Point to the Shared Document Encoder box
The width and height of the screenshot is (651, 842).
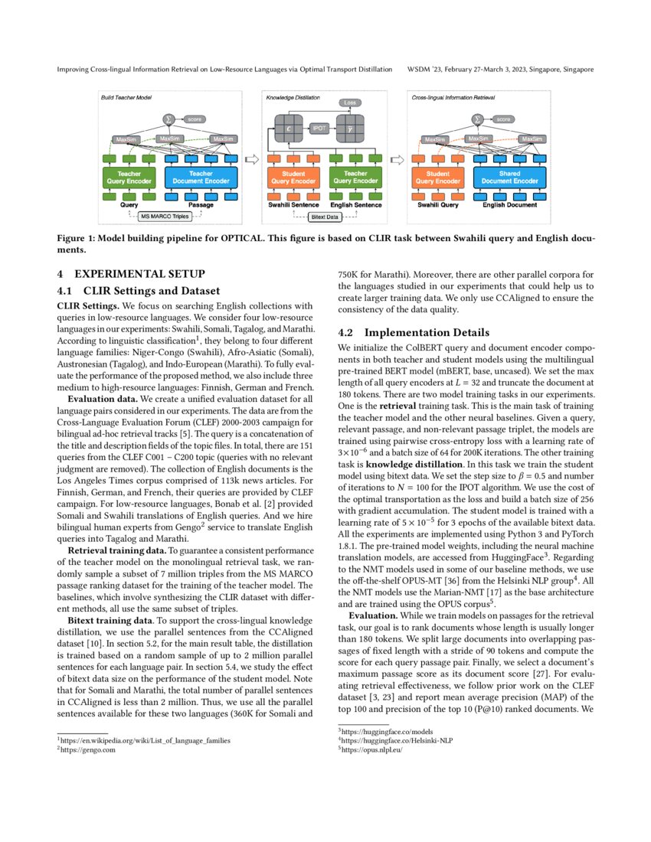[x=509, y=178]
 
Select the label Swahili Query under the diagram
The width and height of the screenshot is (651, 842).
[x=437, y=205]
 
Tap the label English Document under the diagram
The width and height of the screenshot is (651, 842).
[x=510, y=205]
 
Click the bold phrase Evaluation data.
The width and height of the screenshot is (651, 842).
[x=102, y=400]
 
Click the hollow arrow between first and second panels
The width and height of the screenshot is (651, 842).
[x=250, y=161]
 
